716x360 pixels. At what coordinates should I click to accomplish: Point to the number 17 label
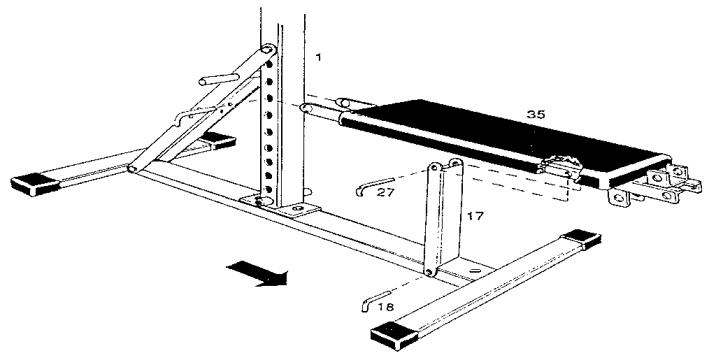click(x=475, y=217)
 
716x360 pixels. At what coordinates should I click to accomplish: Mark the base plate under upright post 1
click(x=280, y=206)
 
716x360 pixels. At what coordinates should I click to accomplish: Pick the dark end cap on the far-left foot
click(x=34, y=184)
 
